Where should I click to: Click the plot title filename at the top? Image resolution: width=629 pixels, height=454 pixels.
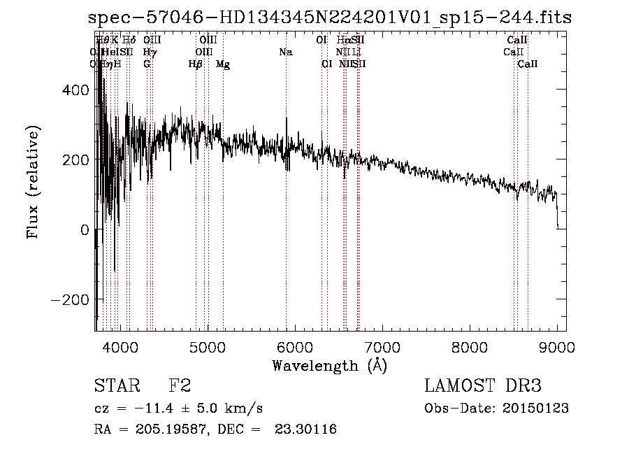(330, 17)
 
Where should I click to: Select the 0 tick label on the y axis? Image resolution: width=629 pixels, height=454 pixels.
(84, 229)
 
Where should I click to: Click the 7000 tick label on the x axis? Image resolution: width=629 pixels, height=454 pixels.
(382, 346)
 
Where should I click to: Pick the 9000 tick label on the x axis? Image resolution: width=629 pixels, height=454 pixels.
(557, 346)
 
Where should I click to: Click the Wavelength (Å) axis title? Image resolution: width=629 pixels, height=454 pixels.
(329, 365)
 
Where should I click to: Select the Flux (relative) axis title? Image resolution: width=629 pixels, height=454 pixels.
(33, 182)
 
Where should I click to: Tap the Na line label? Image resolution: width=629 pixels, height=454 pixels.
(285, 52)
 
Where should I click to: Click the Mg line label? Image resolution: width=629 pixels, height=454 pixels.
(223, 64)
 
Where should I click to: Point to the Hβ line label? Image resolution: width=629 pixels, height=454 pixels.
(196, 64)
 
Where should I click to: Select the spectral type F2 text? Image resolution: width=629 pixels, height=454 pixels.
(179, 385)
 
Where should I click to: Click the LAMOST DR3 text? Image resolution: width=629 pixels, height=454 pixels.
(482, 385)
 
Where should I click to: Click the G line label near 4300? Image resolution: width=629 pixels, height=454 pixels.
(147, 64)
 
